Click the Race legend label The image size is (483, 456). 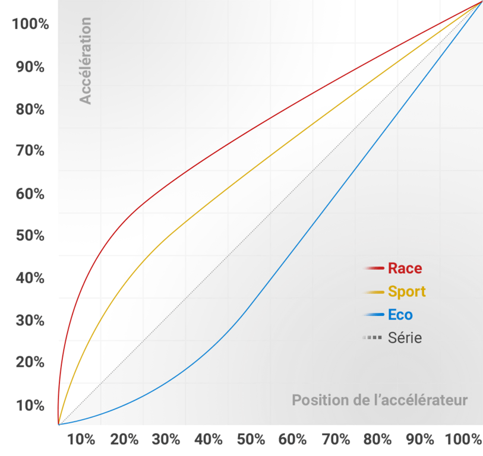tap(405, 268)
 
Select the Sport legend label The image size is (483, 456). tap(406, 292)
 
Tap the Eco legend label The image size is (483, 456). tap(400, 315)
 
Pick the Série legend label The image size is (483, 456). tap(405, 338)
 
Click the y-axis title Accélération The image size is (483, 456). tap(86, 61)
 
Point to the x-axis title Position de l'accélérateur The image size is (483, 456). tap(380, 400)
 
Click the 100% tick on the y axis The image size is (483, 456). tap(30, 25)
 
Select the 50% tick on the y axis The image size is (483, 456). tap(30, 236)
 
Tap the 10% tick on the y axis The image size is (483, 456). tap(30, 406)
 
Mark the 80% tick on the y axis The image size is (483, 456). tap(30, 110)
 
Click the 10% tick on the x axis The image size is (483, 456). tap(81, 440)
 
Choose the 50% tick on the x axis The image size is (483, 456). tap(251, 440)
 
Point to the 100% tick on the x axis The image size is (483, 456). tap(463, 440)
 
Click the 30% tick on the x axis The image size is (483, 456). tap(166, 440)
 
